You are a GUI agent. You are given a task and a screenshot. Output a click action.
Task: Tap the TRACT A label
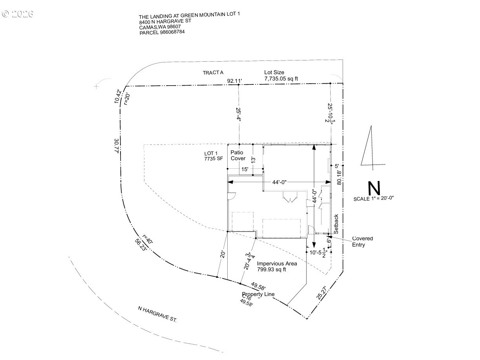pos(213,73)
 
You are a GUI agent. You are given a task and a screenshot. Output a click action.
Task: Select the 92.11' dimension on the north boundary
pos(235,81)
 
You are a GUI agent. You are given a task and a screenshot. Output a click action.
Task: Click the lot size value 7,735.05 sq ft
pos(281,79)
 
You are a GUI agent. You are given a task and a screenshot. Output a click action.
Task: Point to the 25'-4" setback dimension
pos(238,114)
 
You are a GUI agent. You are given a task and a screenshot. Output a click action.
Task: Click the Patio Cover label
pos(238,155)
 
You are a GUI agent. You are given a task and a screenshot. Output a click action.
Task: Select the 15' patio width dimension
pos(245,169)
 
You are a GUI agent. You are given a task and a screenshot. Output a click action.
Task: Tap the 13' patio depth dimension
pos(254,159)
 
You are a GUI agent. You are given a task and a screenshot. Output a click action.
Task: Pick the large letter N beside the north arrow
pos(374,188)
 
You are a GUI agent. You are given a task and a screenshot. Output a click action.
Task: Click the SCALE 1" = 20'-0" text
pos(373,199)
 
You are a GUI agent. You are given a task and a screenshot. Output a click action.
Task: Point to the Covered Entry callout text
pos(362,241)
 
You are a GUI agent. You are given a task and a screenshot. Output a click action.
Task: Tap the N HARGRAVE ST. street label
pos(157,314)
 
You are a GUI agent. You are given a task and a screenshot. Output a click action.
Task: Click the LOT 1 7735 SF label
pos(214,156)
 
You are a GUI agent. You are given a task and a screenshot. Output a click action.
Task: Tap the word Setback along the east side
pos(336,224)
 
